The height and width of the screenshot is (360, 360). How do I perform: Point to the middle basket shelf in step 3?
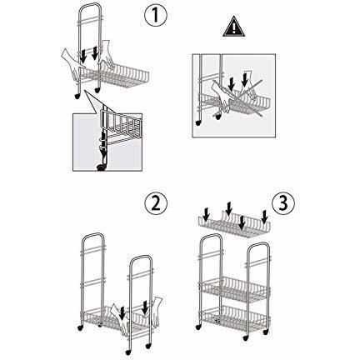(x=238, y=287)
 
